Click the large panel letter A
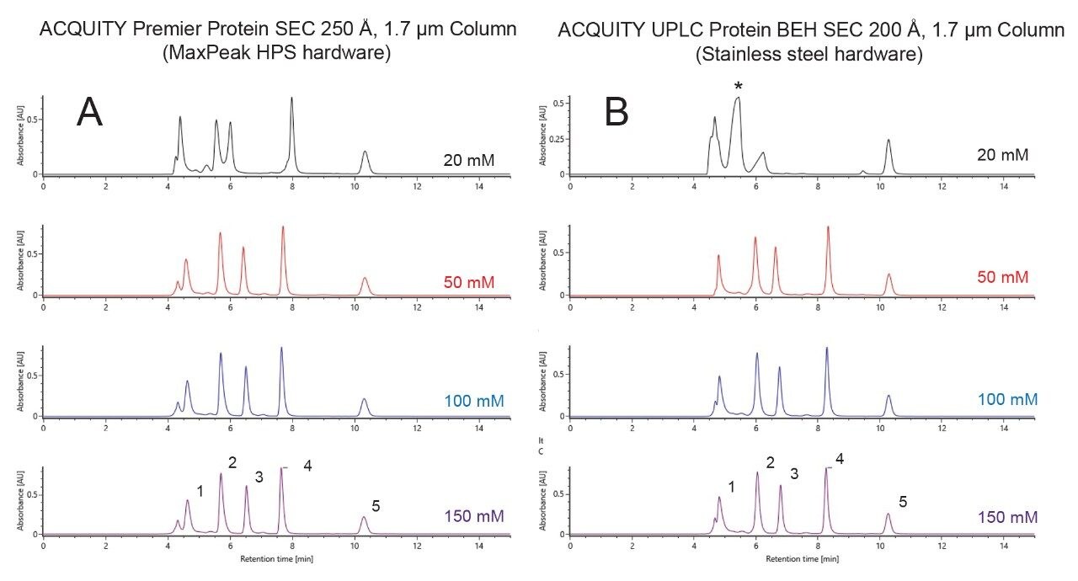(89, 111)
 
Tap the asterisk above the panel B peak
(738, 87)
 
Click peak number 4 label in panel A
(307, 466)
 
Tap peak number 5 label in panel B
(902, 502)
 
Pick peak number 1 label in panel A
(200, 490)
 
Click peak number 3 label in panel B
(794, 473)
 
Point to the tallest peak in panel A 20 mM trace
(291, 99)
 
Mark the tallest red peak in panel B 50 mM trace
(828, 228)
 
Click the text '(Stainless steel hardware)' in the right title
(809, 56)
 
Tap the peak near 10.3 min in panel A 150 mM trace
(364, 519)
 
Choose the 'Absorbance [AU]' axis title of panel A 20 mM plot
(23, 135)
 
